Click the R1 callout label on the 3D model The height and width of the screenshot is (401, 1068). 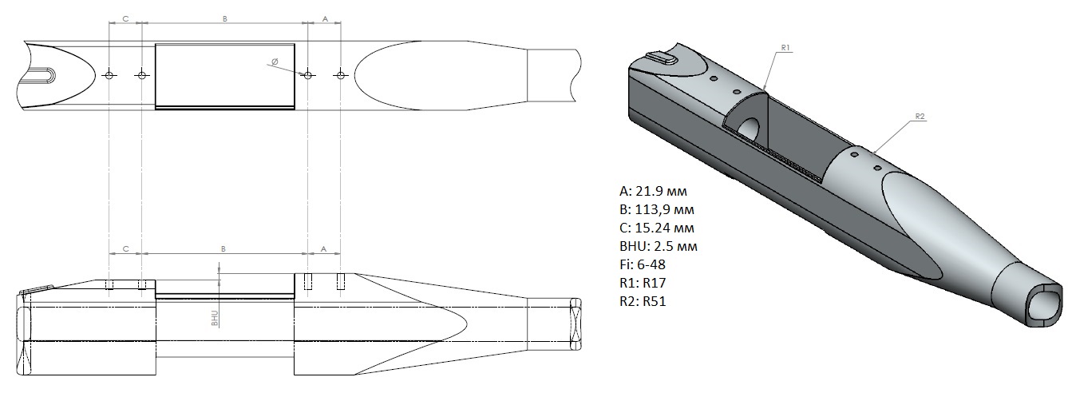click(x=786, y=48)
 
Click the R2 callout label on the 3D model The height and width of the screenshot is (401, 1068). click(x=920, y=117)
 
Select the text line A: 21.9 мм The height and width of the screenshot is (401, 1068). click(x=653, y=191)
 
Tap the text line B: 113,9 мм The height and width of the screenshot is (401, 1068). click(x=657, y=209)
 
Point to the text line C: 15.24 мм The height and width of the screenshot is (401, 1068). click(x=657, y=228)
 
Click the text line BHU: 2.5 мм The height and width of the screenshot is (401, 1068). click(x=659, y=246)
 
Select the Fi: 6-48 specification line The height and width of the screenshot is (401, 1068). click(x=643, y=264)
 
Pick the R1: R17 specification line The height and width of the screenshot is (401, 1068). click(x=643, y=283)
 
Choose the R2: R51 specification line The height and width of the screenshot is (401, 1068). click(x=643, y=301)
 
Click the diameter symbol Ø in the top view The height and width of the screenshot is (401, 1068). click(x=275, y=62)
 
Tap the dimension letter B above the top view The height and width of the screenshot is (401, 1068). click(x=224, y=18)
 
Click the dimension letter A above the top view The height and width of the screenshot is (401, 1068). click(x=325, y=18)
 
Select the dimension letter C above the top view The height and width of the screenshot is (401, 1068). click(x=125, y=18)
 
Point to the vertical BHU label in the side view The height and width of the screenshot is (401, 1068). click(x=215, y=319)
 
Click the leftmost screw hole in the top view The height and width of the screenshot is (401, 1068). click(x=109, y=75)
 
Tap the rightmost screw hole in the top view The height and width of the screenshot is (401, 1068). click(x=340, y=75)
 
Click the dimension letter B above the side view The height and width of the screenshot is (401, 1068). click(x=223, y=248)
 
